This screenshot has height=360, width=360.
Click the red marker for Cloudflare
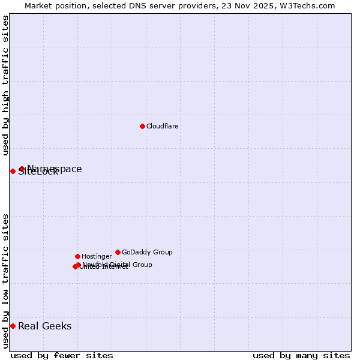pos(142,126)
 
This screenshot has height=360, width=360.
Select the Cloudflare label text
pos(163,127)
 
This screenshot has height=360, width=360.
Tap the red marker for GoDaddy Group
pos(118,252)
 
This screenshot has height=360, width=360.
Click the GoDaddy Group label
pos(147,253)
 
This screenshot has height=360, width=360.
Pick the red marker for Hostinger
pos(77,256)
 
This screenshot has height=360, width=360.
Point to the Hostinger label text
pos(97,257)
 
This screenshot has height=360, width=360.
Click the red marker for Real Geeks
pos(13,326)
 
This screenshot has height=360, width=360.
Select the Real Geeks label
pos(45,326)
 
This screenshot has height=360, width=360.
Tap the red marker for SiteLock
pos(13,171)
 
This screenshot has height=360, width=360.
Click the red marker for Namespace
pos(22,169)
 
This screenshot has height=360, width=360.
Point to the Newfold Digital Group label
pos(118,265)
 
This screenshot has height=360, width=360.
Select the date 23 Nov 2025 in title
pos(248,6)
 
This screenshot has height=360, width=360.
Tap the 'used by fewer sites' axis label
pos(62,355)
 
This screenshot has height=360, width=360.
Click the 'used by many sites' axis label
pos(301,355)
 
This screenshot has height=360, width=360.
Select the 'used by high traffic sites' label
pos(5,85)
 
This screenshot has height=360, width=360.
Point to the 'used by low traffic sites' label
pos(5,281)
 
